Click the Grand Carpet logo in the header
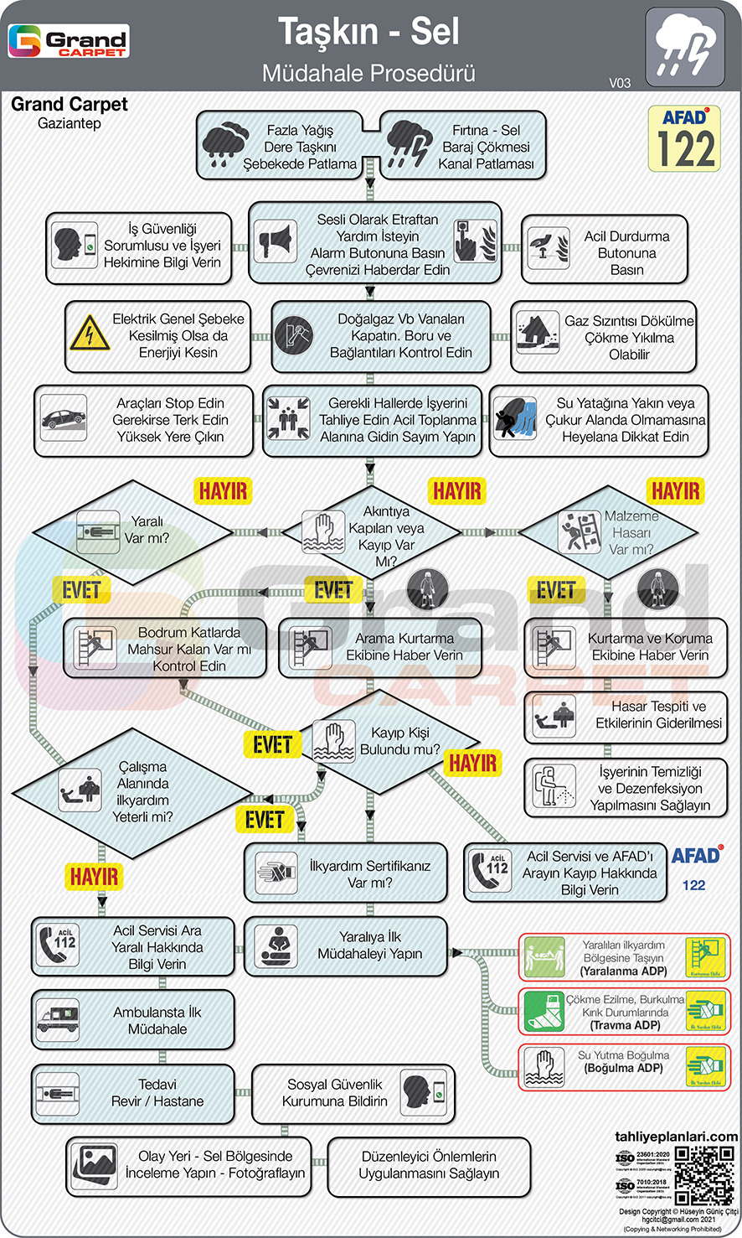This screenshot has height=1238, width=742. pos(69,41)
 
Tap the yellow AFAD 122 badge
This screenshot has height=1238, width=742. pos(684,139)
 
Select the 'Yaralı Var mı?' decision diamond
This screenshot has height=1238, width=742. pos(132,531)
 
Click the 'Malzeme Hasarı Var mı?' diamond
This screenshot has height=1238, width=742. pos(609,532)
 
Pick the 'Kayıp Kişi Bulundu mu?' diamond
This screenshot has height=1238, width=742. pos(385,741)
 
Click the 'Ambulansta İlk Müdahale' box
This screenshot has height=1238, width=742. pos(133,1020)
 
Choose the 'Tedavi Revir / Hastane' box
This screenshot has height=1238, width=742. pos(133,1093)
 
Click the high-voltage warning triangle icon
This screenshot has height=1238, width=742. pos(88,334)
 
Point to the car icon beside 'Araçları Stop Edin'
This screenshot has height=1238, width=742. pos(64,418)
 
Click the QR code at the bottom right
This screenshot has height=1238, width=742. pos(704,1175)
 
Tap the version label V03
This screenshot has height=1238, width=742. pos(620,82)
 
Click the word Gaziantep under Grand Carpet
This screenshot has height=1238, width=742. pos(70,123)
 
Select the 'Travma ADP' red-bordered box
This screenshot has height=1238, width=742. pos(624,1011)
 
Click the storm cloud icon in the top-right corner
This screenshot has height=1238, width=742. pos(685,47)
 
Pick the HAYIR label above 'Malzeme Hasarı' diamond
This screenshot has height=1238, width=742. pos(675,491)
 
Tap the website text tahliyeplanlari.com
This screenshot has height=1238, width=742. pos(676,1137)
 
